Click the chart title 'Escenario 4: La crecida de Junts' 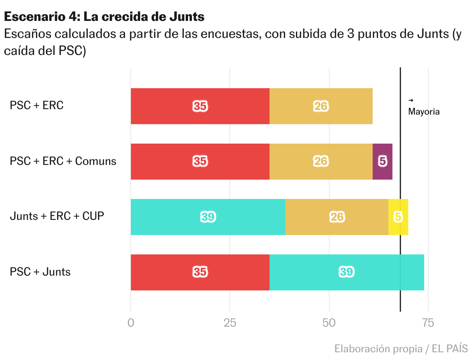104,17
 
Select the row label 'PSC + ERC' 36,105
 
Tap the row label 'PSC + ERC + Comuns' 63,161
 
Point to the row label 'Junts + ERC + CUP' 57,216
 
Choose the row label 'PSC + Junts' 40,272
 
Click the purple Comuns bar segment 382,161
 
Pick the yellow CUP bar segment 398,217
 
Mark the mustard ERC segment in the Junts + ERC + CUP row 337,217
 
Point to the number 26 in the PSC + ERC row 321,106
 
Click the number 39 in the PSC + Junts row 346,272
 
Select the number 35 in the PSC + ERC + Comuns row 200,161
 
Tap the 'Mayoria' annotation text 424,112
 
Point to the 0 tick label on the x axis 131,322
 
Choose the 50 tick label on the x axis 329,322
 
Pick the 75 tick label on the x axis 428,322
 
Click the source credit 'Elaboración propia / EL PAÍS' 401,348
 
